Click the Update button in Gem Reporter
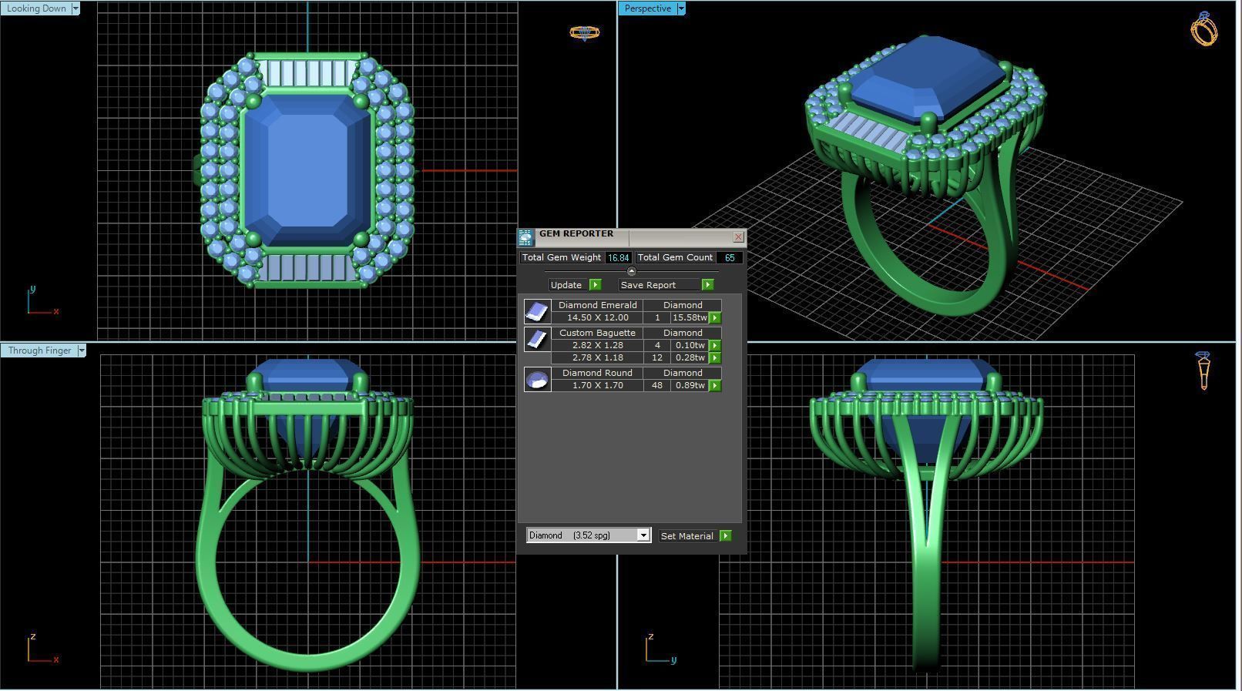566,285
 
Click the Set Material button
686,536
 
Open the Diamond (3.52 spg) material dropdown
643,535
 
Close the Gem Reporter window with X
738,237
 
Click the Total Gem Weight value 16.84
618,258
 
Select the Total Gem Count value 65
729,258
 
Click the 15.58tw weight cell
689,318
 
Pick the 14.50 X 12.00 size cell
597,318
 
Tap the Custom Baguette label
597,333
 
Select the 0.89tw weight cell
689,385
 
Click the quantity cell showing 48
656,385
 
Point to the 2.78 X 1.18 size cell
597,357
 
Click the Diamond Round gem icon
537,379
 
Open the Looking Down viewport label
37,8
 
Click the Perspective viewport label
647,8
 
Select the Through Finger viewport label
39,351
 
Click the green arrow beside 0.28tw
715,358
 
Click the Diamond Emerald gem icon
537,311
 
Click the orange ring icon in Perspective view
1203,29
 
